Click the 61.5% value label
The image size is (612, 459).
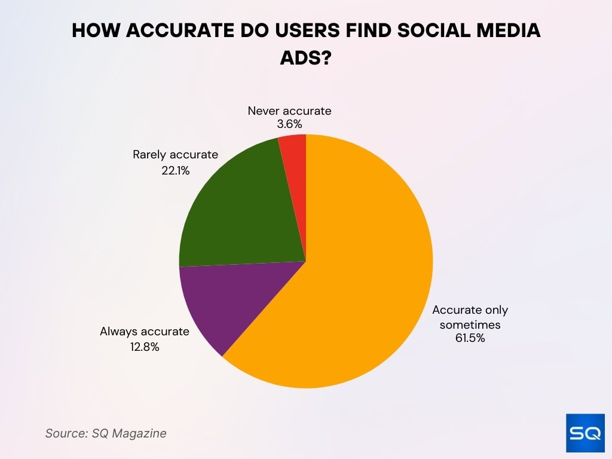pos(470,338)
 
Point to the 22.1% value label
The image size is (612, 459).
pos(175,170)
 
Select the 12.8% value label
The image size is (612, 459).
pos(145,347)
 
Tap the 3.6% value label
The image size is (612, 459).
pos(289,125)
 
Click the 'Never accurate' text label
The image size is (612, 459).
pos(289,111)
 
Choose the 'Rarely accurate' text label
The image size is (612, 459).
pos(175,155)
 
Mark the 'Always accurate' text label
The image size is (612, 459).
pos(145,331)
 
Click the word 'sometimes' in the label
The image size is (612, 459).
pos(470,325)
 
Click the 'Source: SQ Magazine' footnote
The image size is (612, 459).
pos(106,433)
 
